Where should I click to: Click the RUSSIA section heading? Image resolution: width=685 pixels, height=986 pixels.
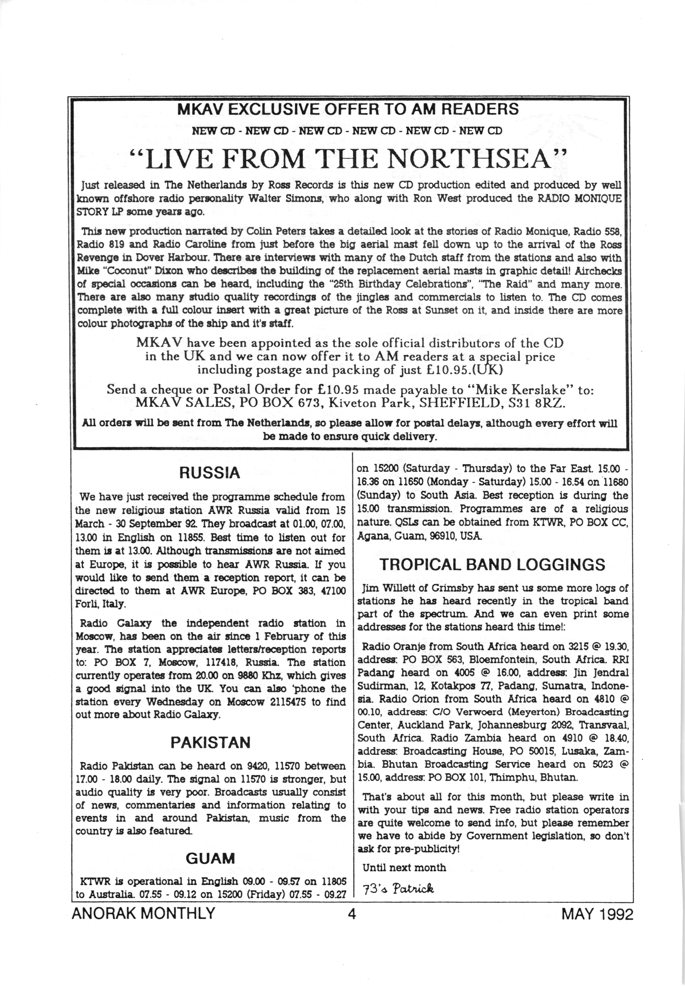tap(210, 473)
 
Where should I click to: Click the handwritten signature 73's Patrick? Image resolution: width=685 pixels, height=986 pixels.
tap(398, 888)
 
